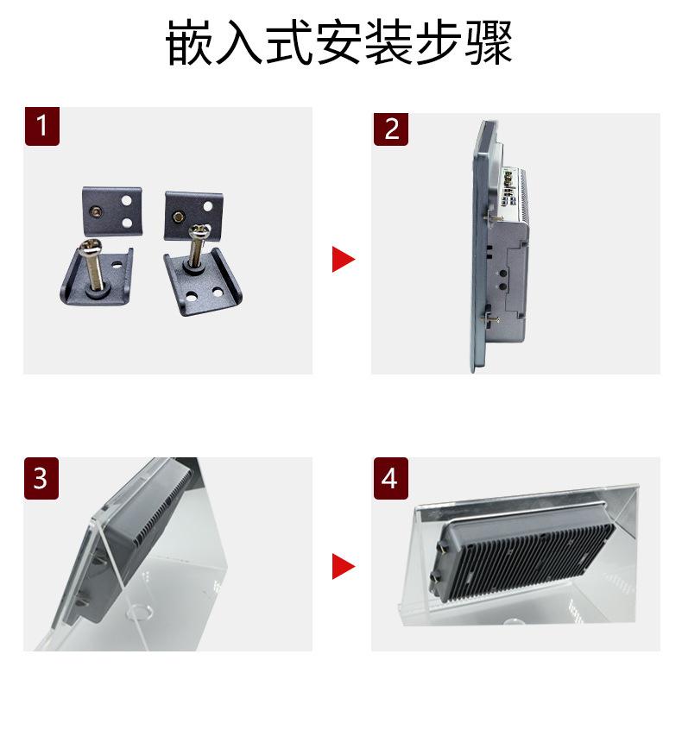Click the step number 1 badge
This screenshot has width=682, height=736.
point(42,126)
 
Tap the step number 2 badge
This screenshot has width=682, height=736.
point(391,129)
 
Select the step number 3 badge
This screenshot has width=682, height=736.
point(41,478)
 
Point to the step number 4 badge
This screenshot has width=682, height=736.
point(391,478)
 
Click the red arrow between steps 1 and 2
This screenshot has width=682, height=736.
point(344,259)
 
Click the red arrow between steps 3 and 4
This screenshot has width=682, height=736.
point(344,566)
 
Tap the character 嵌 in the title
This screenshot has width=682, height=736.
point(189,42)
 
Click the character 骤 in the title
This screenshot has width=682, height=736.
point(489,42)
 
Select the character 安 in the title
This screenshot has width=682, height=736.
point(339,42)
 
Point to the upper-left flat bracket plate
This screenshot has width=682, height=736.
point(112,211)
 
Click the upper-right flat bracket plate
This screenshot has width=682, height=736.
point(193,214)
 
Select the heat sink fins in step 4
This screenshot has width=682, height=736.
point(531,558)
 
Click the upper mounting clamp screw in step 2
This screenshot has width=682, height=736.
point(493,218)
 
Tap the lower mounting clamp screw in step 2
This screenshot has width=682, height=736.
point(489,319)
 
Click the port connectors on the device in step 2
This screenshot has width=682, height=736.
point(509,188)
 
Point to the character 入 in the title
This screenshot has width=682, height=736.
point(239,42)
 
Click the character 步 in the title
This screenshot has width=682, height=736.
point(439,42)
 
